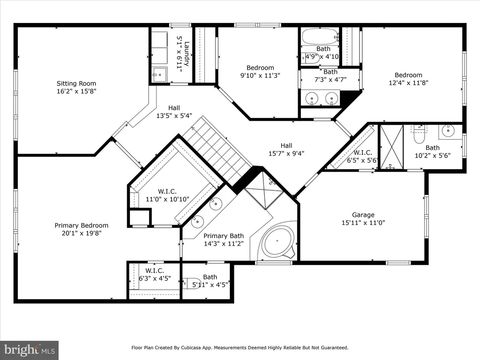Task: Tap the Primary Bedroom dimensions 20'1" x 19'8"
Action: point(82,233)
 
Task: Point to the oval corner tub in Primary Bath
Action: point(279,241)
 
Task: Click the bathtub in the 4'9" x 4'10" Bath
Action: point(321,37)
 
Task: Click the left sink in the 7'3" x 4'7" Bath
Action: point(312,98)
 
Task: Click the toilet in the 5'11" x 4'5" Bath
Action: point(191,283)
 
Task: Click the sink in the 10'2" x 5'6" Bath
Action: point(448,131)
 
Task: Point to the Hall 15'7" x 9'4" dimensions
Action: point(286,153)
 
